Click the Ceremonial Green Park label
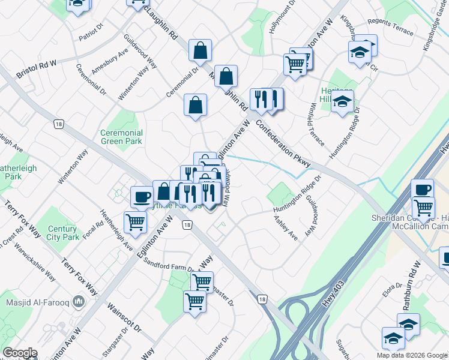coord(121,137)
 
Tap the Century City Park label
coord(62,233)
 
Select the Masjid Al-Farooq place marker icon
coord(78,300)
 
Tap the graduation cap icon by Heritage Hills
coord(342,103)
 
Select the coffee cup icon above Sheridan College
coord(422,189)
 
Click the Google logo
coord(20,353)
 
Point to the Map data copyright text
coord(412,355)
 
